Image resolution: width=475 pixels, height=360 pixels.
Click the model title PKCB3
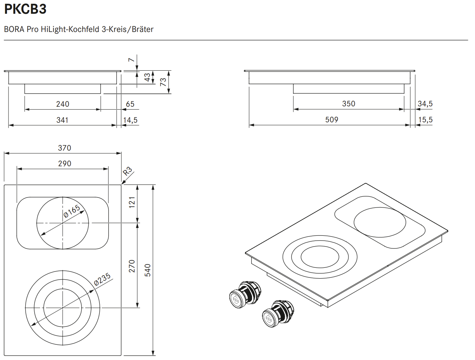pos(25,9)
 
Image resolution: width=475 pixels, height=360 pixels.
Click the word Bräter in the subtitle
pos(143,29)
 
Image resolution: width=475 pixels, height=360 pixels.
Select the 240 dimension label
pos(63,104)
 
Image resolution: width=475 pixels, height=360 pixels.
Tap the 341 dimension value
pos(62,120)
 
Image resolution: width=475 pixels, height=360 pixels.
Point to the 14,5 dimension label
pos(130,120)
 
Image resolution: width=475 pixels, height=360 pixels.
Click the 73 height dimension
pos(163,82)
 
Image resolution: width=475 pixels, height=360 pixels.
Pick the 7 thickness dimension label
pos(131,60)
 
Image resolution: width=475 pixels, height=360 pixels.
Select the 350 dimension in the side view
pos(348,104)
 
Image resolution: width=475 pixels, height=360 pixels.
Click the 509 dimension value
pos(332,120)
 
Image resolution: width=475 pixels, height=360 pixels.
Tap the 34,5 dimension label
pos(425,104)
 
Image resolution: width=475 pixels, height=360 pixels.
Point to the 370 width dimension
pos(64,148)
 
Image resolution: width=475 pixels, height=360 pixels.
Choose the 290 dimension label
pos(64,164)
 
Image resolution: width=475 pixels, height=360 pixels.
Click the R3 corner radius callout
pos(127,171)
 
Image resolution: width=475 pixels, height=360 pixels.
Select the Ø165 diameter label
pos(72,211)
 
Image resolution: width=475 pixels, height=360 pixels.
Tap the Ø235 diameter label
pos(102,279)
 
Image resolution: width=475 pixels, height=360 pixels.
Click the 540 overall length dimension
pos(147,270)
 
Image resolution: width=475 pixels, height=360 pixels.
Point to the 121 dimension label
pos(132,202)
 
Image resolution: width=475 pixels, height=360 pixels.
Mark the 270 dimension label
pos(132,266)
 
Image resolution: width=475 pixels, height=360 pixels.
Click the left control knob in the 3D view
pos(245,295)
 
